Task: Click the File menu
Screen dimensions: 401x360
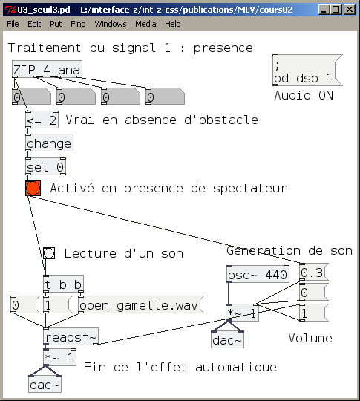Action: [x=13, y=24]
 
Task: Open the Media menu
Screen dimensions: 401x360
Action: [x=145, y=24]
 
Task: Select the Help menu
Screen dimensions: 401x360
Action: [x=172, y=24]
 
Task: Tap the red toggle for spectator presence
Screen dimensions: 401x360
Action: [x=33, y=188]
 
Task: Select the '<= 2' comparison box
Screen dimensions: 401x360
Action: [x=42, y=120]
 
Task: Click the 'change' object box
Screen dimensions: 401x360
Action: [x=49, y=143]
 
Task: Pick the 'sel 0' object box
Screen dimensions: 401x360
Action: [x=45, y=166]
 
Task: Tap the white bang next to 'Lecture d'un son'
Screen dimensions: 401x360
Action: [x=49, y=253]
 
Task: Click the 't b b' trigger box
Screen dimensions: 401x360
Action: [x=63, y=284]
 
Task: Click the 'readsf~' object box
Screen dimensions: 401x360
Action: [x=71, y=338]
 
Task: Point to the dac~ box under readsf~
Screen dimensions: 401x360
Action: [x=45, y=385]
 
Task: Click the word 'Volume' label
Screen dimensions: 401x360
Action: [x=310, y=339]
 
